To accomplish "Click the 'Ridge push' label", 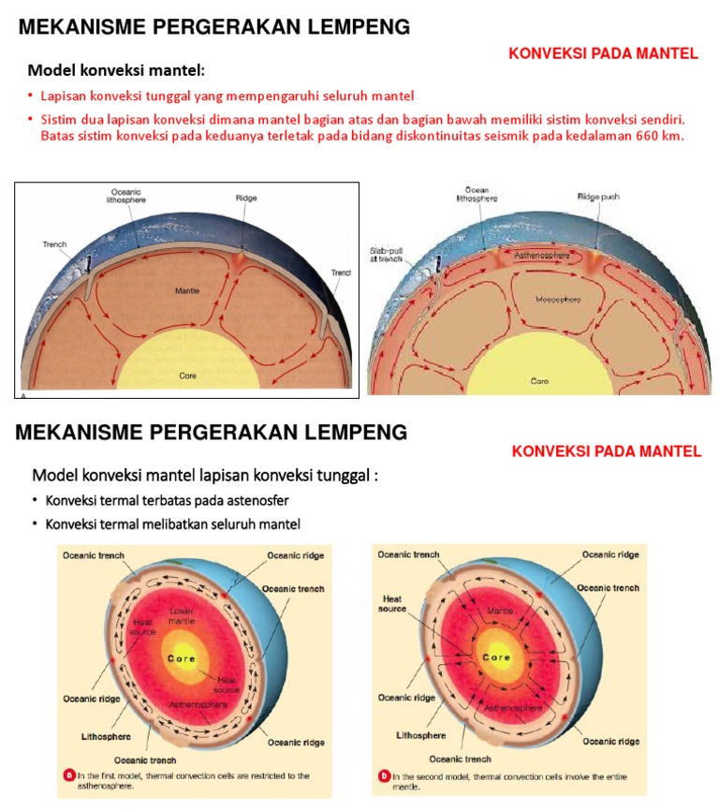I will pyautogui.click(x=598, y=198).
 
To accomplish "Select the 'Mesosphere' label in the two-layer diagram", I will pyautogui.click(x=533, y=300).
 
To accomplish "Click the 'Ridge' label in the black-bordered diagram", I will pyautogui.click(x=246, y=198).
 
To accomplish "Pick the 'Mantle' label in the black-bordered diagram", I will pyautogui.click(x=187, y=291).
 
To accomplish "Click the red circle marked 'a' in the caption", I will pyautogui.click(x=68, y=775).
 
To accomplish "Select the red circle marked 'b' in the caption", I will pyautogui.click(x=384, y=775).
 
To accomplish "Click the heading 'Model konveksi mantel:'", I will pyautogui.click(x=115, y=70).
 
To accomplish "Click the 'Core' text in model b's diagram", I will pyautogui.click(x=496, y=657).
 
